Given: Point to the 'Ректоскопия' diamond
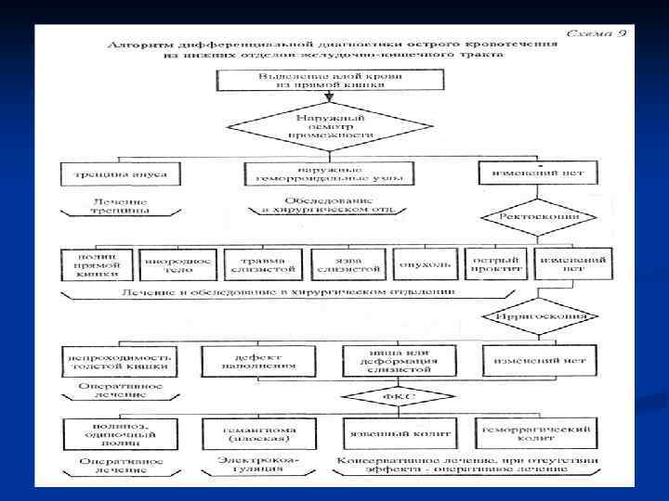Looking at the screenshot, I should [531, 217].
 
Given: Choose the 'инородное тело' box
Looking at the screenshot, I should [176, 265].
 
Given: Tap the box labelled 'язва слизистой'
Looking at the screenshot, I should [348, 265].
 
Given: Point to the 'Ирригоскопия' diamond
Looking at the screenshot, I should [533, 315].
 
